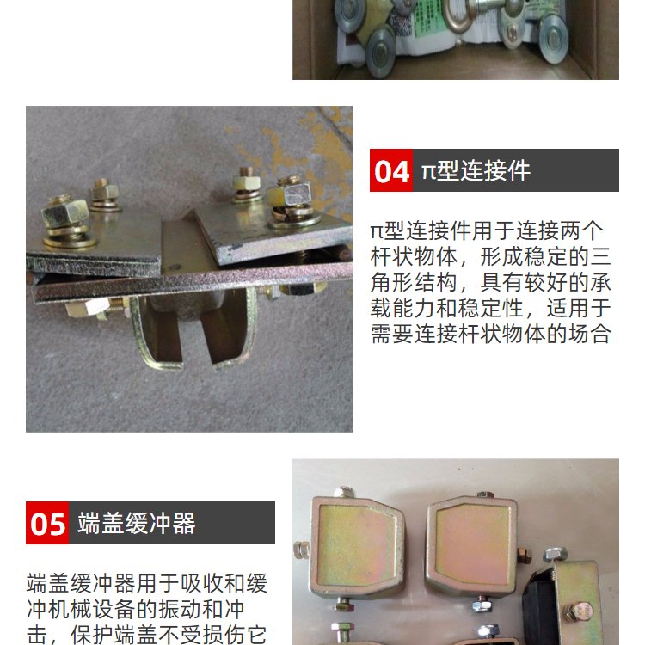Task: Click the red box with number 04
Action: coord(390,170)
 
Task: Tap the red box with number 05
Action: coord(47,523)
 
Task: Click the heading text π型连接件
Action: coord(476,170)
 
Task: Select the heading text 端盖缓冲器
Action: coord(137,523)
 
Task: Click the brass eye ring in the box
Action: coord(458,15)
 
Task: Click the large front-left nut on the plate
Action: coord(65,212)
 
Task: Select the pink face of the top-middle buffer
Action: coord(472,540)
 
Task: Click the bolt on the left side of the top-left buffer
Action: coord(302,550)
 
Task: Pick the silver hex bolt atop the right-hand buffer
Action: coord(556,556)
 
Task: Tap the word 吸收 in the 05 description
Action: coord(202,584)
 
